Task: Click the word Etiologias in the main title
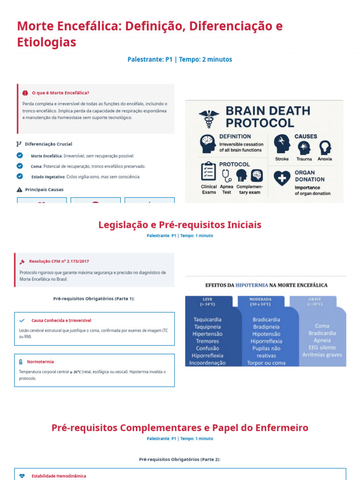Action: [x=46, y=42]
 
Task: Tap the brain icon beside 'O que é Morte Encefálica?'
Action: [x=25, y=93]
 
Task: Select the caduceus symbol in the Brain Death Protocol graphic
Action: [x=209, y=118]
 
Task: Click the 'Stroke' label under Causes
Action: [x=282, y=159]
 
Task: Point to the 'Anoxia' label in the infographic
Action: [x=324, y=159]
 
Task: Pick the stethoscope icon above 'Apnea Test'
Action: [x=227, y=175]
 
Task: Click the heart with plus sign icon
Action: [x=282, y=178]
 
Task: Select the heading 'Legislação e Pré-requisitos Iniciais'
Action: [x=180, y=225]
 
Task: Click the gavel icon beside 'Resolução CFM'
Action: [x=22, y=262]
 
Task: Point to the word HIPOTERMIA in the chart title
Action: [x=252, y=285]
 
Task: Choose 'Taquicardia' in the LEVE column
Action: [x=208, y=320]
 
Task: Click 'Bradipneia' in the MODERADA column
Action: [x=266, y=327]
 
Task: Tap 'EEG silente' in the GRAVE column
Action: [x=322, y=347]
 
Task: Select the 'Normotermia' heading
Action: [x=40, y=362]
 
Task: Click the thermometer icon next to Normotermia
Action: [x=21, y=362]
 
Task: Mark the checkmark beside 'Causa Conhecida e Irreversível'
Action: [x=22, y=321]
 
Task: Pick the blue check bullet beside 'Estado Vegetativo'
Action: [x=20, y=176]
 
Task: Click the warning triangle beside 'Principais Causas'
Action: [x=19, y=190]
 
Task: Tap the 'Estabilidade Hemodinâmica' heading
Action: [x=59, y=476]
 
